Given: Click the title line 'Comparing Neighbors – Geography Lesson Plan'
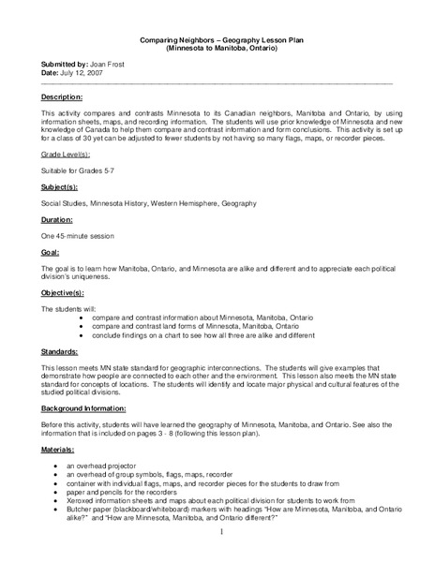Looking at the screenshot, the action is coord(217,40).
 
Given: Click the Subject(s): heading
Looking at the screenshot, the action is coord(60,187).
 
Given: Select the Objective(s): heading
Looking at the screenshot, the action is coord(66,292).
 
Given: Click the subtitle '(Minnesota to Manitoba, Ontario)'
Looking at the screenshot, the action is coord(217,49).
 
